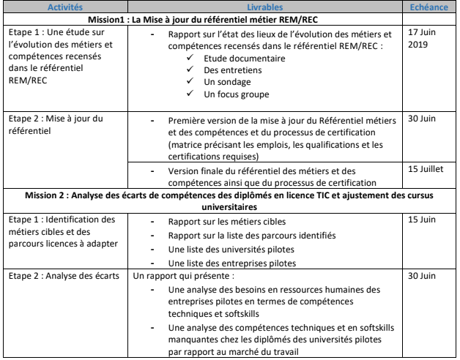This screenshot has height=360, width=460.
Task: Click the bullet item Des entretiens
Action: tap(228, 68)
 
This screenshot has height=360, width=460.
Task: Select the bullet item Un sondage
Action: tap(223, 80)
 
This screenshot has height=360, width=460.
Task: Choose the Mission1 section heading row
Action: tap(229, 19)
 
